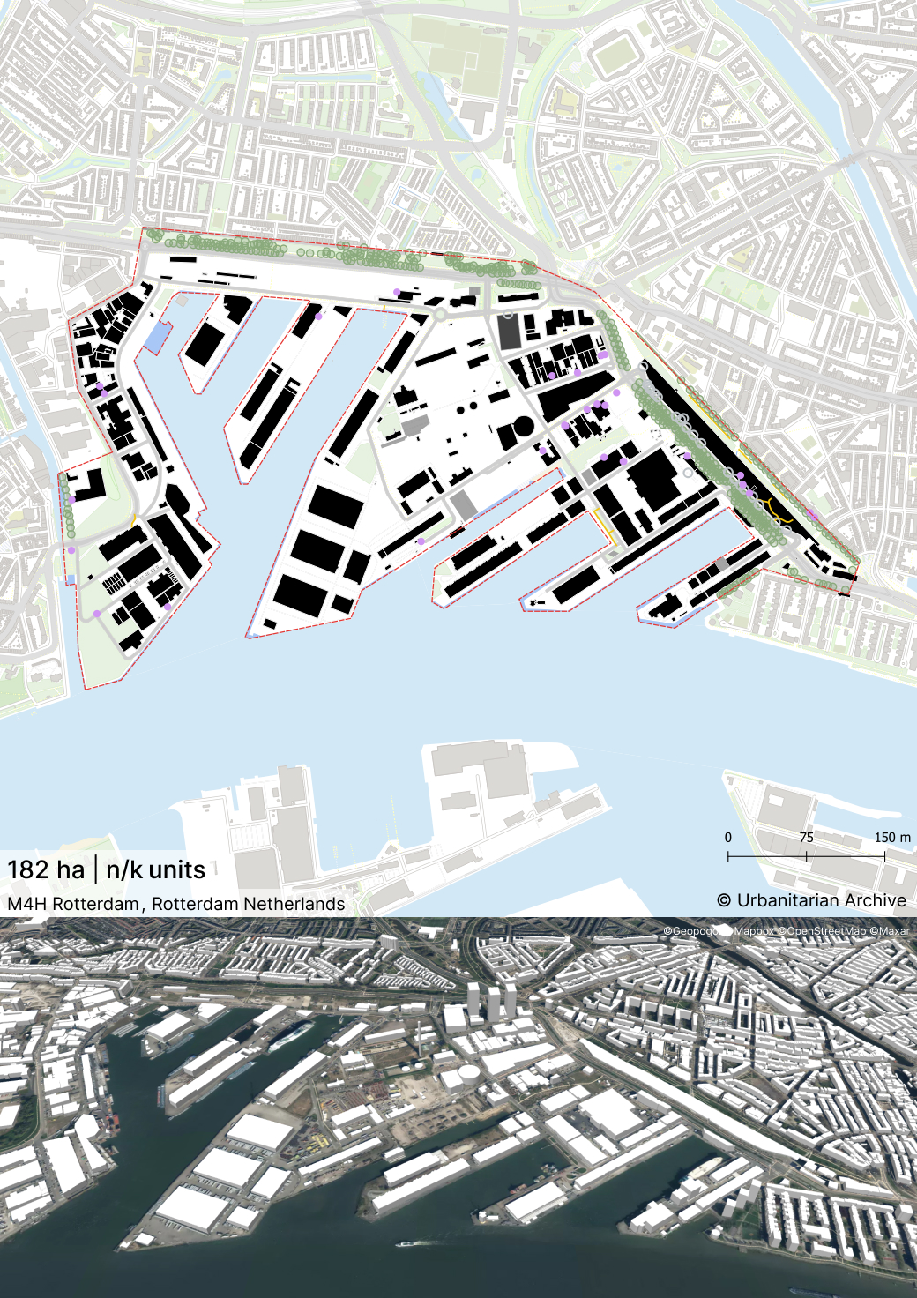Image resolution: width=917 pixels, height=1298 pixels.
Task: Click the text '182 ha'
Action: click(x=46, y=870)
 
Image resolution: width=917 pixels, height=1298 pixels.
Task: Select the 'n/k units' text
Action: click(x=155, y=870)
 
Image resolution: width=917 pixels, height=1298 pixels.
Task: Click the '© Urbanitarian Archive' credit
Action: click(x=811, y=900)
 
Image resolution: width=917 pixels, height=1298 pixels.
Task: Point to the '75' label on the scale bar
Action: click(x=806, y=838)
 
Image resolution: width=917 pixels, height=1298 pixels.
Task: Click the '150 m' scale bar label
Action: click(x=892, y=838)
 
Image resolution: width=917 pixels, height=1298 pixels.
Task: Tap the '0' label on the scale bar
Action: click(x=727, y=838)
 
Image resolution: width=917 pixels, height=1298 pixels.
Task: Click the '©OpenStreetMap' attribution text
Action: click(x=822, y=930)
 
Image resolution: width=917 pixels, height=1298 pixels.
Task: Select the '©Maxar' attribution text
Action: click(x=890, y=930)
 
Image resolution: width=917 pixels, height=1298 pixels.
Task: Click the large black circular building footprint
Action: click(x=523, y=428)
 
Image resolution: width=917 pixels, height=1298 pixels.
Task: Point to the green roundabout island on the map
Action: click(x=438, y=314)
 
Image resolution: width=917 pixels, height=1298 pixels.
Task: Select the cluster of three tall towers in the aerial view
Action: click(x=490, y=1001)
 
